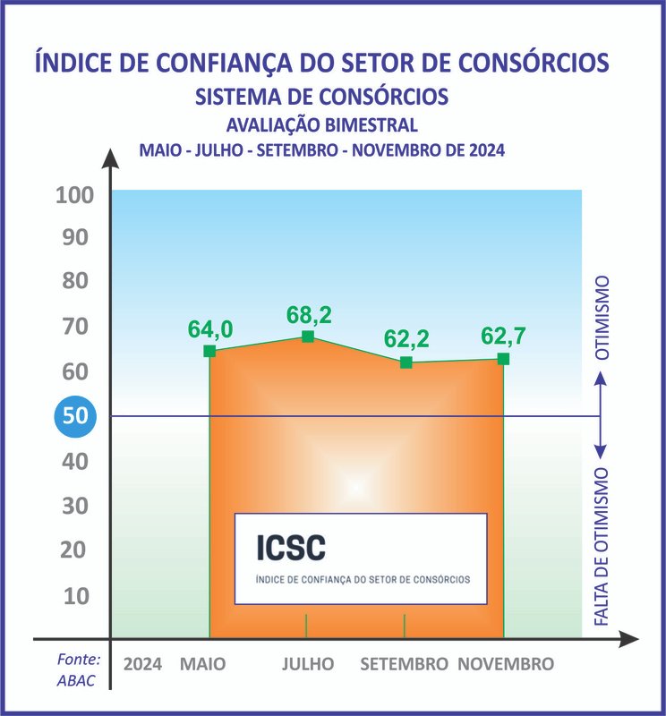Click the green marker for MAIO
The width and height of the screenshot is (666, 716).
(209, 351)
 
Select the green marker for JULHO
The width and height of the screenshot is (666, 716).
(307, 337)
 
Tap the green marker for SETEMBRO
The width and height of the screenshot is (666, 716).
(406, 362)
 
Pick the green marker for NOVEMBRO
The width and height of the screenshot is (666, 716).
(503, 359)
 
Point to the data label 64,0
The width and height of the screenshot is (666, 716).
(210, 329)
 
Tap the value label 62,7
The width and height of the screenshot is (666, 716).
(504, 337)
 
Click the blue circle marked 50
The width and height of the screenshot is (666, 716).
(73, 416)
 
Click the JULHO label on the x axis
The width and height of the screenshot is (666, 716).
(308, 664)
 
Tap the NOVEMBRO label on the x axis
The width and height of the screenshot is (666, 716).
(506, 664)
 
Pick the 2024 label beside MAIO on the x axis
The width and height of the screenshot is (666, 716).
(143, 664)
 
